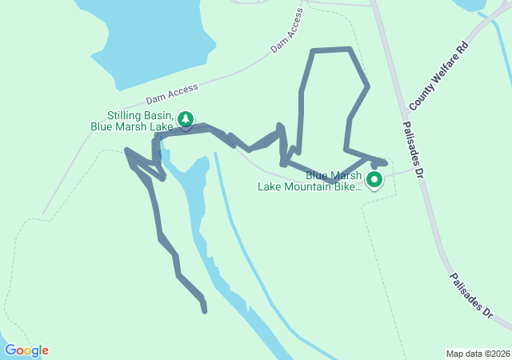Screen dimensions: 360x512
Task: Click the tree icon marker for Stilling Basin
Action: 186,120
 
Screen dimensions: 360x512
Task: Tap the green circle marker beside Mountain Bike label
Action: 374,181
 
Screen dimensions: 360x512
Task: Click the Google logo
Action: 26,350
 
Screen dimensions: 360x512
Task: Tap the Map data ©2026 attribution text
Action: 477,354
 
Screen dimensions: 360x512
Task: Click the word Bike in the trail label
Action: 350,188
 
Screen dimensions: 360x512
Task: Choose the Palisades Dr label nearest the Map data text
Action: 471,296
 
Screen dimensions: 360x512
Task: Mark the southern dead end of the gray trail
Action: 205,310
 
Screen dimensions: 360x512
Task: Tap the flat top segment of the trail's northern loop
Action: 331,51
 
